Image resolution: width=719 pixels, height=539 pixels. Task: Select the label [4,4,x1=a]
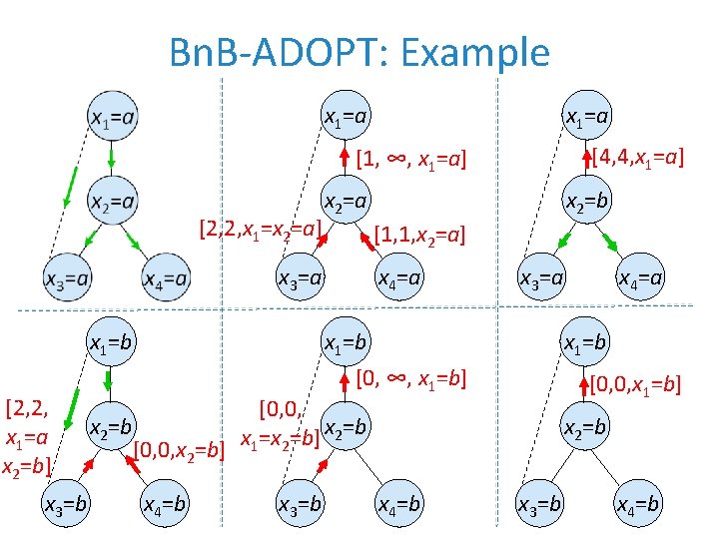click(x=637, y=157)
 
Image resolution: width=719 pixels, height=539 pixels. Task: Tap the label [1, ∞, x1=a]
click(x=411, y=158)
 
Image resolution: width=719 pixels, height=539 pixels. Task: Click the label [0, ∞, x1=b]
click(x=411, y=380)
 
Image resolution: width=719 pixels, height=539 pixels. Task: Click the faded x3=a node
click(x=67, y=278)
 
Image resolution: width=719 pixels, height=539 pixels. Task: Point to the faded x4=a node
click(x=165, y=278)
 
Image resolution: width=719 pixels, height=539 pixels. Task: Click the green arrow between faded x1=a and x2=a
click(x=111, y=158)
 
